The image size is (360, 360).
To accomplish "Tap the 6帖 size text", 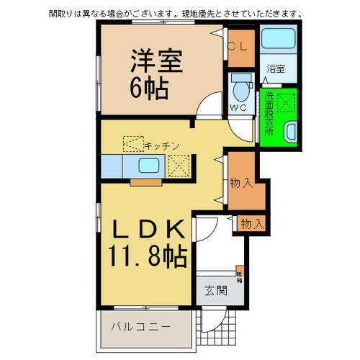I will tap(150, 89).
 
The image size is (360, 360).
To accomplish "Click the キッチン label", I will tap(161, 145).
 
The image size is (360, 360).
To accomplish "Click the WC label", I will tap(238, 108).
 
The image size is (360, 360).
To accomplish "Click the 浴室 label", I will tap(275, 69).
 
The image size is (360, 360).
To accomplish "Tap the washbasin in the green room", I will tap(290, 132).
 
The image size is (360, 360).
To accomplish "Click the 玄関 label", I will tap(215, 291).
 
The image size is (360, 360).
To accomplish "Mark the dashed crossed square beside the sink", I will tap(178, 166).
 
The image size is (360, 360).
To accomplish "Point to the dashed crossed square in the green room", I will tap(287, 102).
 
